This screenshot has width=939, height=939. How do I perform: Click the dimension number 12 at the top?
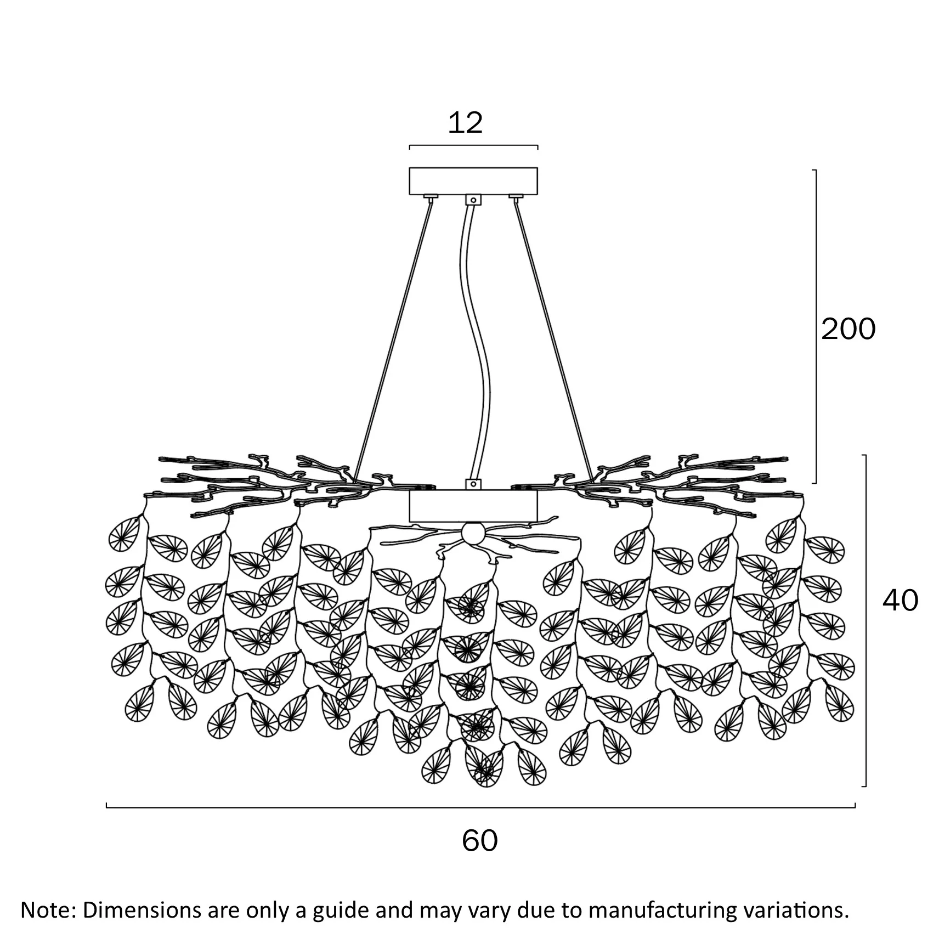tap(465, 123)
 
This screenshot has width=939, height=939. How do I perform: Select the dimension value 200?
tap(848, 329)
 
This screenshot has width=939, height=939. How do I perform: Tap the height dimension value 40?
tap(900, 601)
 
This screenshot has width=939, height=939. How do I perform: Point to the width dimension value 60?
tap(480, 840)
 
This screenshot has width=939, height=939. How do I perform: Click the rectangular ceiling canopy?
tap(473, 181)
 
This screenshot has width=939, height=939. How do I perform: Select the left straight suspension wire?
tap(393, 340)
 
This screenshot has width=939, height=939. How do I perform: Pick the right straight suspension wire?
tap(553, 340)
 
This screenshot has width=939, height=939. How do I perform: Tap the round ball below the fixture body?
tap(473, 533)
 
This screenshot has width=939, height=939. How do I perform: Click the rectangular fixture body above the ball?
tap(473, 506)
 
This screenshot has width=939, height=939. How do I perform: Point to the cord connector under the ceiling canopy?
tap(473, 200)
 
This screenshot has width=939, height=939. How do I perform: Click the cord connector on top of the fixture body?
tap(473, 484)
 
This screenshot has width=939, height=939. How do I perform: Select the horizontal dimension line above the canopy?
tap(473, 146)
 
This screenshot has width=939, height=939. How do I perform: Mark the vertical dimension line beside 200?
tap(815, 326)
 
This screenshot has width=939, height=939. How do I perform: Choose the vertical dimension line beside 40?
tap(865, 620)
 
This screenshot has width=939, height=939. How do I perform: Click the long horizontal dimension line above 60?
tap(480, 807)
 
